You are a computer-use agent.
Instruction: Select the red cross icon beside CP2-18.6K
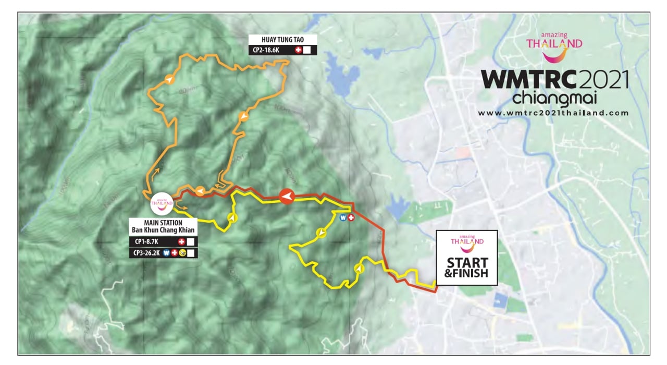298,51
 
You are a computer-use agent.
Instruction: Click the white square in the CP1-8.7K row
191,242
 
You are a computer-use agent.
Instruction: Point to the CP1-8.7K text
146,242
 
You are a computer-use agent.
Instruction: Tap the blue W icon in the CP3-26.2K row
166,253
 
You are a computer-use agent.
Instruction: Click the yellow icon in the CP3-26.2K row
182,253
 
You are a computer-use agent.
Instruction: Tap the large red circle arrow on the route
287,196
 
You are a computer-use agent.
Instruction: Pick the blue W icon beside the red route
343,217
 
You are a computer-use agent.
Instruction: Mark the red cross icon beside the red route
351,217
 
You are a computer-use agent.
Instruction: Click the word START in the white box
467,262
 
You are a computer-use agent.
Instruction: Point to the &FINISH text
466,273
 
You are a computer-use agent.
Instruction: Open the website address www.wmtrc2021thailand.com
553,113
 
